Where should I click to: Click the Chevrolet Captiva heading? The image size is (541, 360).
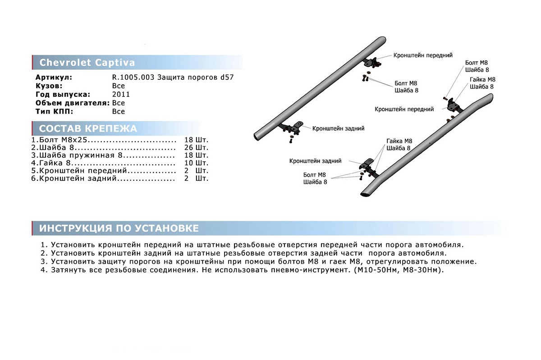87,63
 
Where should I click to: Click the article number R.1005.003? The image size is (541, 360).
133,77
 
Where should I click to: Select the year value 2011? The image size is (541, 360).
121,94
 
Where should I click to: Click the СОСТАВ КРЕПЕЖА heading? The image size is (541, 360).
88,129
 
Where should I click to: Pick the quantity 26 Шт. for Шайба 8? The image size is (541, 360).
196,148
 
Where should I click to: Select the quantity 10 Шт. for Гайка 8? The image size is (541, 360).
196,163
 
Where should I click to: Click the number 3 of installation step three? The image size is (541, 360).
43,261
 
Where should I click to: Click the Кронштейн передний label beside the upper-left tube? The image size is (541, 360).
422,55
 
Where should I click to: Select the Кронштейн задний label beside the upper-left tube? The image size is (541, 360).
338,128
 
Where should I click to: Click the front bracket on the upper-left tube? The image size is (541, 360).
372,63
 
